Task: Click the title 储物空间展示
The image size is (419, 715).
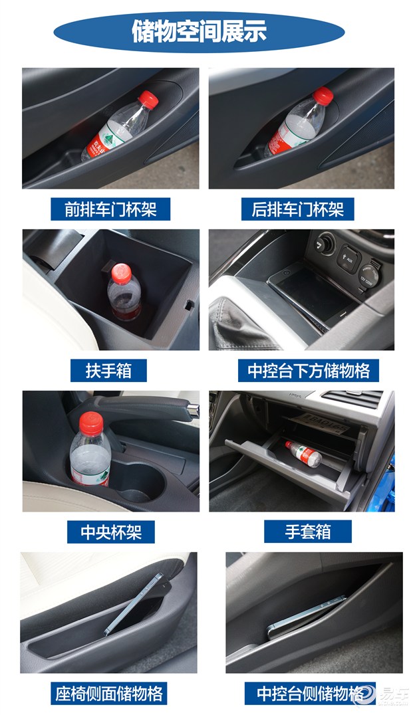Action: tap(199, 31)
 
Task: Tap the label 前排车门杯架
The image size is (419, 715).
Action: tap(110, 209)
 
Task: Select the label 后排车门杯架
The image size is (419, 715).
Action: tap(298, 209)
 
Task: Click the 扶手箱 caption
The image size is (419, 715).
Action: tap(106, 370)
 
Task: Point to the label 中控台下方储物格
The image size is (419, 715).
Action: tap(309, 370)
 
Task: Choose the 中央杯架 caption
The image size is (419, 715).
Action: tap(111, 531)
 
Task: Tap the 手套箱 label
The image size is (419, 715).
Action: tap(308, 531)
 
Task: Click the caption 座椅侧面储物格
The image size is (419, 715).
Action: tap(110, 693)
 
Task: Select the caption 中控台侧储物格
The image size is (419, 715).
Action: tap(308, 693)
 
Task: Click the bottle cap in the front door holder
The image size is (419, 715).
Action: tap(148, 100)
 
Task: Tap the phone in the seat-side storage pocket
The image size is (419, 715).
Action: tap(133, 601)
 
